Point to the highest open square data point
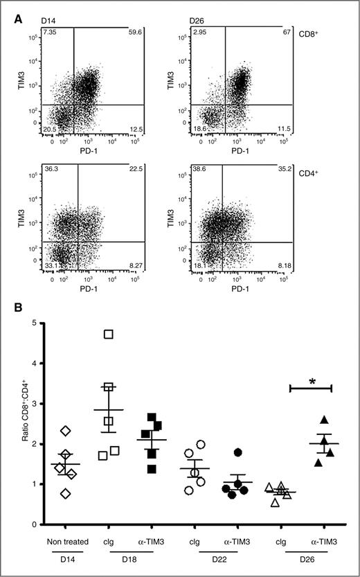pyautogui.click(x=109, y=335)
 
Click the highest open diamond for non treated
pyautogui.click(x=65, y=431)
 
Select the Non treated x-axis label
pyautogui.click(x=65, y=540)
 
